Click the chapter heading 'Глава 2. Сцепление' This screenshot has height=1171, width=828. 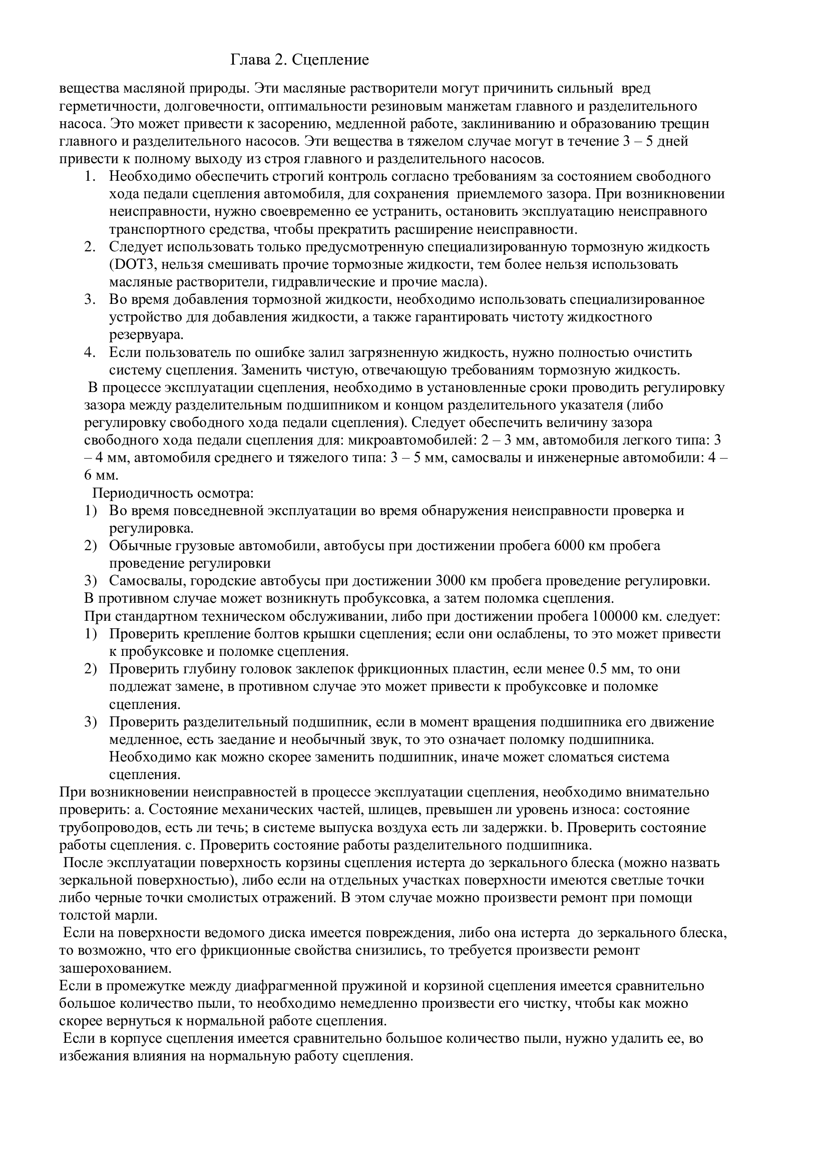click(300, 60)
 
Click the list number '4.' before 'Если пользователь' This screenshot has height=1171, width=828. click(90, 352)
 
